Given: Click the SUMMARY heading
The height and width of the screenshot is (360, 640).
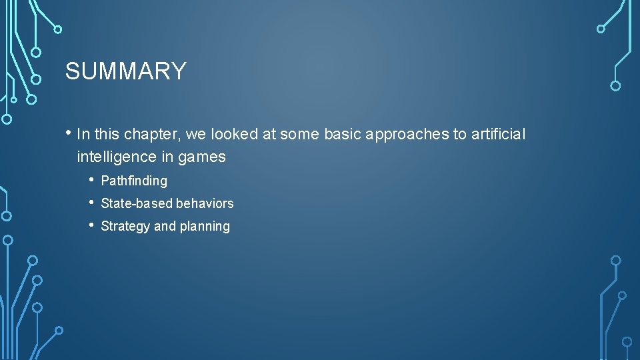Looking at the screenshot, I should click(125, 71).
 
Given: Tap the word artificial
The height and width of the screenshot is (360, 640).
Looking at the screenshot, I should click(498, 135).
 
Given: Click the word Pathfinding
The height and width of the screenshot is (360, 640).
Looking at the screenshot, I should click(134, 181).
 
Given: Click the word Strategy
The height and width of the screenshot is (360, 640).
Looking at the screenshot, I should click(125, 226).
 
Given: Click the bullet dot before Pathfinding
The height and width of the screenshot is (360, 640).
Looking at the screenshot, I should click(91, 180).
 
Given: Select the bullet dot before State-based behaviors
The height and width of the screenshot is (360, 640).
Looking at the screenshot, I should click(91, 203).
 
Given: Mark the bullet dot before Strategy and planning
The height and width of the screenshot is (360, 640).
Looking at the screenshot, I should click(91, 225).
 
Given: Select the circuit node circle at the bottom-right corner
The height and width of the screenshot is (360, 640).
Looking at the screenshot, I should click(627, 341).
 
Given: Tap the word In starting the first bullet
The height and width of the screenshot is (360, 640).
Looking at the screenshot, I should click(83, 135).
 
